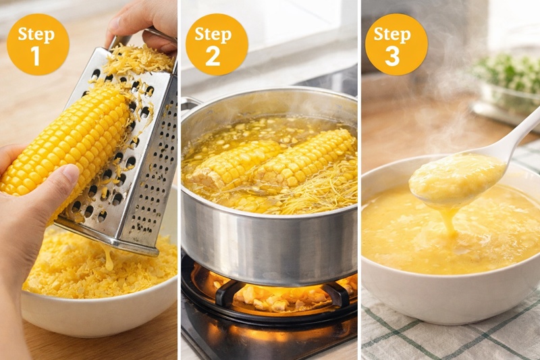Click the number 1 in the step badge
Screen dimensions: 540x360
[x=36, y=56]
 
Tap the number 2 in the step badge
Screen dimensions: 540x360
[x=213, y=56]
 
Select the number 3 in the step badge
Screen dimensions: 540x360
[x=392, y=56]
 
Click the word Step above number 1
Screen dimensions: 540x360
[x=36, y=35]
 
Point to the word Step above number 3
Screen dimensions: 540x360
[x=392, y=35]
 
